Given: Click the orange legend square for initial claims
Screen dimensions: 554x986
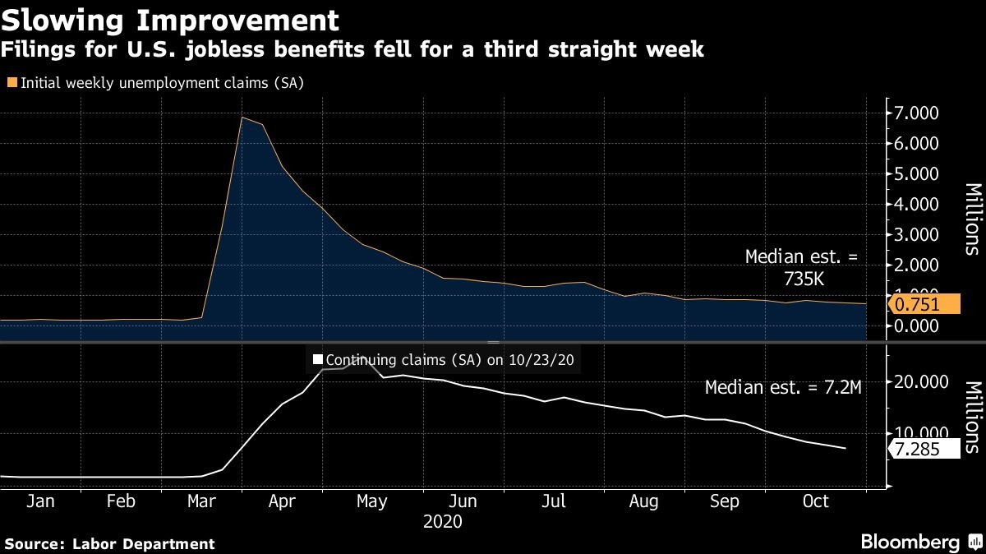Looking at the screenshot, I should (x=12, y=82).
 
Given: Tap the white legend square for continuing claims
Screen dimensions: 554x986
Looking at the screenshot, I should (x=317, y=359).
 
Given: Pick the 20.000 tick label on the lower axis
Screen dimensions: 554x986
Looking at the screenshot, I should (x=919, y=382).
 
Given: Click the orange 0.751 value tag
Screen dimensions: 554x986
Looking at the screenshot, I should (x=924, y=304).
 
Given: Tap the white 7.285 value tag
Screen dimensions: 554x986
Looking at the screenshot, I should (x=924, y=449).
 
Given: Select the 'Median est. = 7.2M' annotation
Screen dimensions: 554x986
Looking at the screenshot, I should (x=783, y=388).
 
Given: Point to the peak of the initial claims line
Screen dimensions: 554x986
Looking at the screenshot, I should (x=242, y=118).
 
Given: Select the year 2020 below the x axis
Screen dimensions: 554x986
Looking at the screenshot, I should (x=442, y=522).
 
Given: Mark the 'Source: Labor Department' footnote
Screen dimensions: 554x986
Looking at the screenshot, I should (x=110, y=543).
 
